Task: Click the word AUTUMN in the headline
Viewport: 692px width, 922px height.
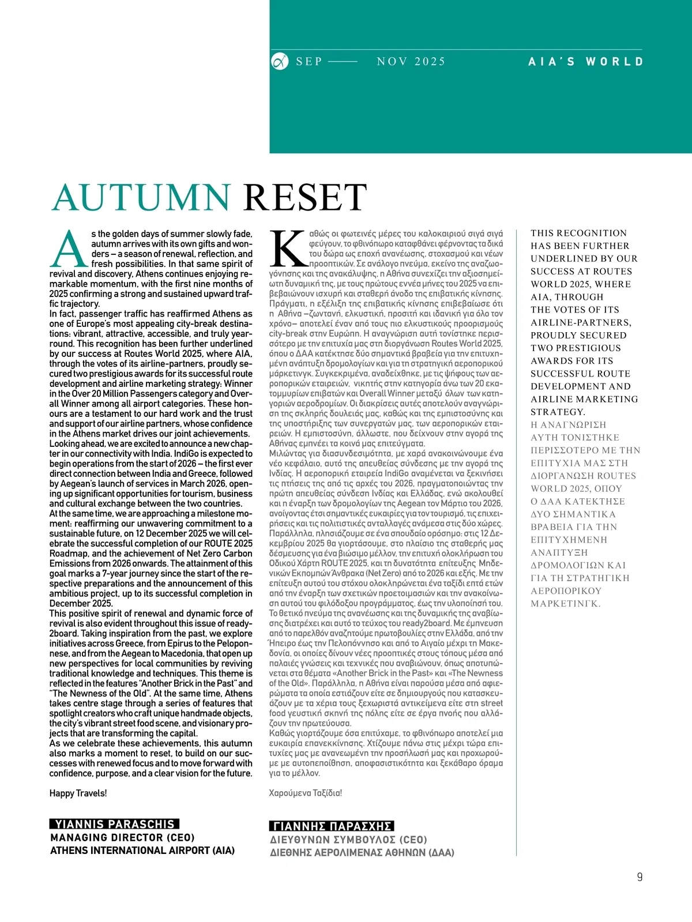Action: (141, 198)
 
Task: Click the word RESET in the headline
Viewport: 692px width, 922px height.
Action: (305, 198)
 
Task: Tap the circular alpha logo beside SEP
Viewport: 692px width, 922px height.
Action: (280, 61)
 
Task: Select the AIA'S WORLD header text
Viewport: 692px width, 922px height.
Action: (585, 61)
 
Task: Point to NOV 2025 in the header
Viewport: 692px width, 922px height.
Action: (411, 61)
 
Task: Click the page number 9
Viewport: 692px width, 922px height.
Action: (640, 877)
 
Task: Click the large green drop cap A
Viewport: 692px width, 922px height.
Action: (69, 249)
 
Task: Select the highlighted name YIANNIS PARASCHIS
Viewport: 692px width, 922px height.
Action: (114, 824)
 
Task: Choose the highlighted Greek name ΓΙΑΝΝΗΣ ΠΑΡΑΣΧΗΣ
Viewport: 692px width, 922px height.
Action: (332, 826)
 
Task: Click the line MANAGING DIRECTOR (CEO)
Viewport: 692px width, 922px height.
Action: (122, 837)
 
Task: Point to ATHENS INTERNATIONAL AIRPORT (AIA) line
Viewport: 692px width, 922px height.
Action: (142, 851)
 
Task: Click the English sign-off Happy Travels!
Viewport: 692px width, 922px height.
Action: (78, 793)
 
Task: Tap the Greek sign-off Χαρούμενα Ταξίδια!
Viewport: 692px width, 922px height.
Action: (305, 793)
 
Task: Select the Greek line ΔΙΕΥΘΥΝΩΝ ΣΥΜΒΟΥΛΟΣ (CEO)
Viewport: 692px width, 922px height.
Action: (348, 840)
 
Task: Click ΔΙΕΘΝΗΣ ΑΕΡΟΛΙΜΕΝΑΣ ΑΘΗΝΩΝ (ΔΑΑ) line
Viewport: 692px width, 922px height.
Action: (362, 853)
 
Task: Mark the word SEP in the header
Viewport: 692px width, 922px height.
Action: (309, 61)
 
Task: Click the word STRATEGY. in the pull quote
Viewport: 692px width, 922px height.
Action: (558, 412)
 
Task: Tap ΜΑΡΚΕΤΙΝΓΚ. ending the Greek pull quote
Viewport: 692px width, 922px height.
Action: (565, 604)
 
